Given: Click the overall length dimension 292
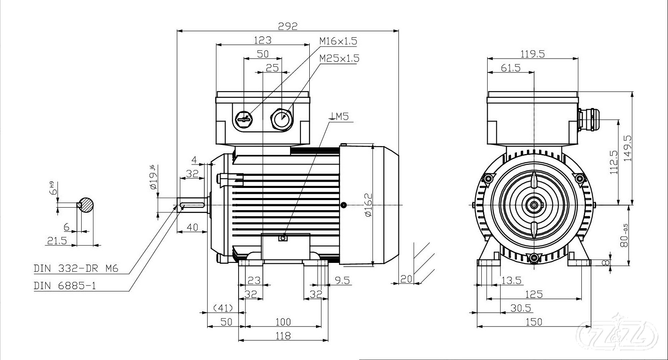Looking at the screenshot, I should pyautogui.click(x=288, y=26).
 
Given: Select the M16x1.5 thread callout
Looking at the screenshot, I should pyautogui.click(x=338, y=41).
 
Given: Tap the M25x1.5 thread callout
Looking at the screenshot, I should pyautogui.click(x=339, y=58).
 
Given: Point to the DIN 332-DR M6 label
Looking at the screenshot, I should pyautogui.click(x=76, y=269).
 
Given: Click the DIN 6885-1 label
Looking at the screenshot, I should pyautogui.click(x=65, y=286).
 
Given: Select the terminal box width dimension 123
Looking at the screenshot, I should pyautogui.click(x=262, y=40).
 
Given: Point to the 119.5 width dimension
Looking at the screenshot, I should pyautogui.click(x=532, y=54).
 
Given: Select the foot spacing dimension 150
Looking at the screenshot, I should pyautogui.click(x=534, y=321).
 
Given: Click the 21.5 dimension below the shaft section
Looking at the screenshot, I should pyautogui.click(x=57, y=241).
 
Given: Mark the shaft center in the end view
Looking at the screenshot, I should pyautogui.click(x=534, y=205).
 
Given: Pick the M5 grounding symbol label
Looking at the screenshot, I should pyautogui.click(x=339, y=116).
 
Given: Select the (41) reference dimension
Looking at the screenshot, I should pyautogui.click(x=223, y=308).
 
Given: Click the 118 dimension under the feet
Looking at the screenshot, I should pyautogui.click(x=283, y=335).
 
